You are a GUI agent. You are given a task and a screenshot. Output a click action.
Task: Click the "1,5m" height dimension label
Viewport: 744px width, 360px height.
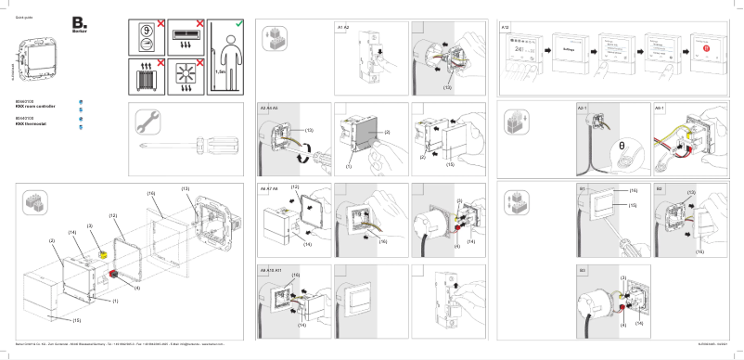(x=220, y=73)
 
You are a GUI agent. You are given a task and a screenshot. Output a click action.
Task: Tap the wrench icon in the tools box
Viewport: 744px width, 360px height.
(x=150, y=121)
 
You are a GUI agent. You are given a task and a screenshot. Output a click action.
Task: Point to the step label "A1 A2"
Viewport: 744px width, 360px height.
(x=342, y=28)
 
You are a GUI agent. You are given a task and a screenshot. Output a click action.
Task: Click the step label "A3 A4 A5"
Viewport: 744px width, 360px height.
(x=269, y=109)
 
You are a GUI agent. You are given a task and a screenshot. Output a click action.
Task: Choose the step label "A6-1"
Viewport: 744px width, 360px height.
(x=661, y=109)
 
